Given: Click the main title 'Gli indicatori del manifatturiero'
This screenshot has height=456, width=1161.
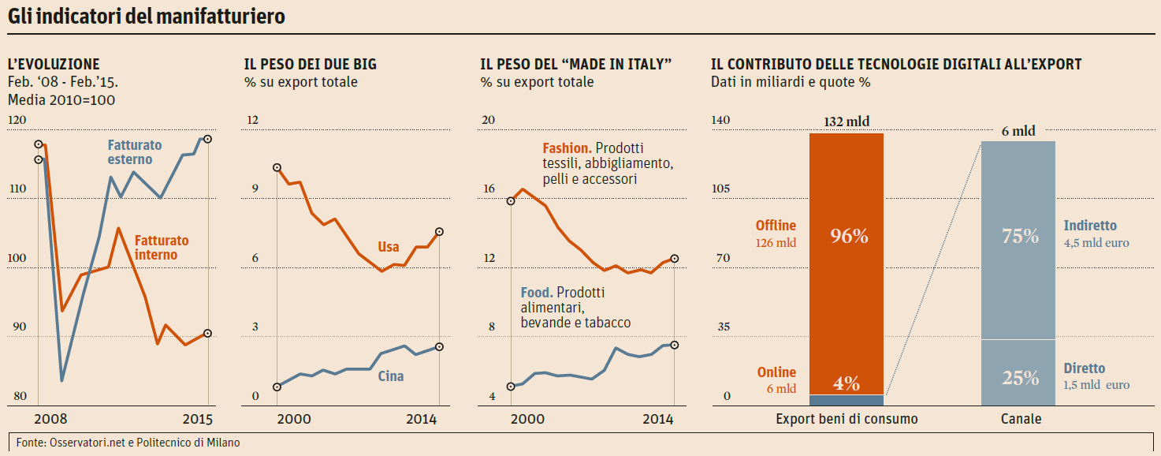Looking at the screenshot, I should [x=147, y=16].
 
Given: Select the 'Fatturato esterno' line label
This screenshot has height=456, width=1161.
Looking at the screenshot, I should [x=134, y=152].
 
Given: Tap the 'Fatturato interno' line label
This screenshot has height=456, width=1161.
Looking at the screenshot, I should [x=161, y=248].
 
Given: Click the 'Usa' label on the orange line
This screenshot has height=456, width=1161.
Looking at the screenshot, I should [x=389, y=247].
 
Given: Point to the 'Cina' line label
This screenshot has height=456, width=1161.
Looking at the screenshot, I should [x=391, y=376].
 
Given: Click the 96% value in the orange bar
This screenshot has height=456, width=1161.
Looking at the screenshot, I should [x=848, y=236].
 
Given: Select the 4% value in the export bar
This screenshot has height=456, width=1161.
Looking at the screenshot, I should [x=847, y=383].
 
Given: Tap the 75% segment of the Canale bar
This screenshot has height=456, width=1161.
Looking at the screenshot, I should [x=1019, y=236].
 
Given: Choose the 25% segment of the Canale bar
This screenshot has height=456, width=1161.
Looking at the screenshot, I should [x=1020, y=378].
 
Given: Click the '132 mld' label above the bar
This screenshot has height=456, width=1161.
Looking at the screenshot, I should [x=847, y=121].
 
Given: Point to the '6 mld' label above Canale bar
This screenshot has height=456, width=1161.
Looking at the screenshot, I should [x=1018, y=131].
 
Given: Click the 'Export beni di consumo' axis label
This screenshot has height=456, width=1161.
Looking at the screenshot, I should [x=847, y=419].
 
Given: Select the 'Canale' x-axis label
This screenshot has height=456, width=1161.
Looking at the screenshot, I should [x=1021, y=419].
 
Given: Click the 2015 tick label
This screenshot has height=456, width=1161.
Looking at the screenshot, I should [x=197, y=418].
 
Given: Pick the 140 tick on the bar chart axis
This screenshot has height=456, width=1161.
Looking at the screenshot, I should [x=721, y=120].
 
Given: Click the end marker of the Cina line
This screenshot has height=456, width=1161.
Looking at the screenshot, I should [x=440, y=347].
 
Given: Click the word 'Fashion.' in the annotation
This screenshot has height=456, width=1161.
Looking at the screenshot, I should [x=567, y=148].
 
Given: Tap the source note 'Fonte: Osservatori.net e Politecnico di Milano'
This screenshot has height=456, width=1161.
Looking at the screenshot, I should [x=128, y=443].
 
